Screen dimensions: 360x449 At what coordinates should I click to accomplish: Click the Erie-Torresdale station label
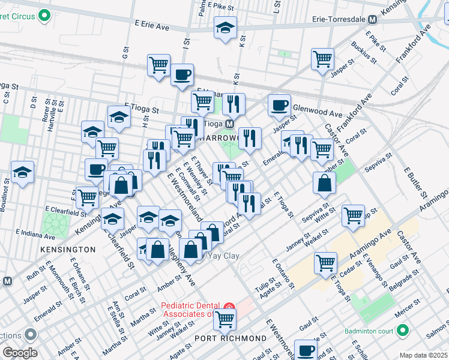(339, 19)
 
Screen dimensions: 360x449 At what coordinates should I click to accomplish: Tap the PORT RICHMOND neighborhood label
(231, 338)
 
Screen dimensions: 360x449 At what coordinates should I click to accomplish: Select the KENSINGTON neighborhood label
(68, 248)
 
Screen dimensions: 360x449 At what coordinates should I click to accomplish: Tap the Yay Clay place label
(223, 256)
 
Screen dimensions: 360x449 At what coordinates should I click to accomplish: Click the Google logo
(20, 353)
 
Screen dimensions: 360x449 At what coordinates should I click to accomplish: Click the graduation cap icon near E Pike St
(226, 28)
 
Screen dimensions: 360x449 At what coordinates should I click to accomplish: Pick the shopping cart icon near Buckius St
(322, 59)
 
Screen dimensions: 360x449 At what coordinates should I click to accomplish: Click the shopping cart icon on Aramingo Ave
(325, 262)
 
